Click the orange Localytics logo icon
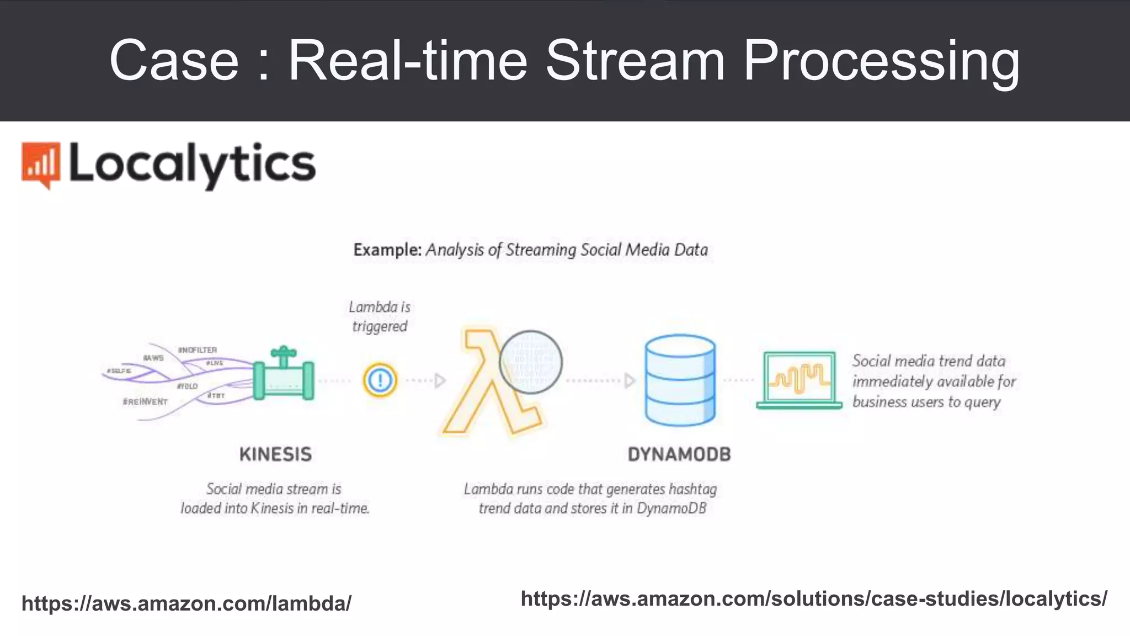(x=40, y=165)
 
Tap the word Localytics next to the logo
(x=192, y=164)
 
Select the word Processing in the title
(x=881, y=62)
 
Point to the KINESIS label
(x=275, y=454)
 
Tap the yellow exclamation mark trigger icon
(x=380, y=380)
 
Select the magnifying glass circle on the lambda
(x=530, y=362)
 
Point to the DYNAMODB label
(x=679, y=454)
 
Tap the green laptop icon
(x=799, y=380)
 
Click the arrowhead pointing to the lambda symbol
(x=440, y=380)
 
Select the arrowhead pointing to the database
(x=630, y=380)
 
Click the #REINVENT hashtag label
(x=145, y=401)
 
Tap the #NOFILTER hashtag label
(x=197, y=350)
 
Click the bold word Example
(x=387, y=250)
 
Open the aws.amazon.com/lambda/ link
(x=186, y=603)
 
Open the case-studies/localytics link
(x=814, y=598)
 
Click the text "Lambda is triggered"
(x=380, y=316)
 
